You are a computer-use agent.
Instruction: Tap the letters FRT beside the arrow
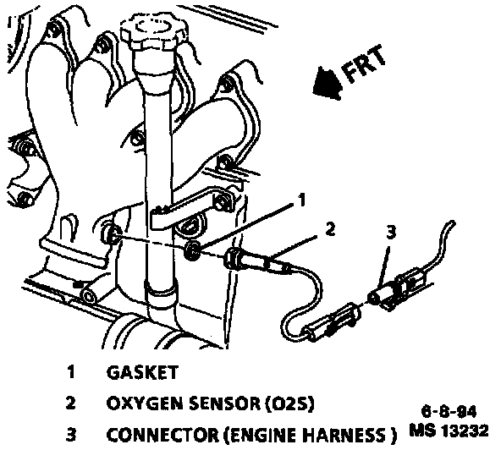365,65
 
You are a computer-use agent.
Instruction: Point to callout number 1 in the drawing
301,200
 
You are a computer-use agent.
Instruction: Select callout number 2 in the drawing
330,229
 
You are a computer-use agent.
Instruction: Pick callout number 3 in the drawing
391,232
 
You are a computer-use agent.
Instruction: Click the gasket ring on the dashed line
192,250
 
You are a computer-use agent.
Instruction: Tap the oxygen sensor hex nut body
232,258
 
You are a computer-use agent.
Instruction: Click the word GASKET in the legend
142,373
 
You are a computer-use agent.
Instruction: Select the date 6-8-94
449,412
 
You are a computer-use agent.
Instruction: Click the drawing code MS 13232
449,431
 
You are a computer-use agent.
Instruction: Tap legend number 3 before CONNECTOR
71,435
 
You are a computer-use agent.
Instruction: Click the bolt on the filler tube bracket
221,201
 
